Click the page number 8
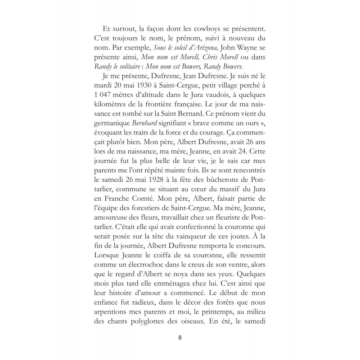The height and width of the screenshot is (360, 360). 180,337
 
